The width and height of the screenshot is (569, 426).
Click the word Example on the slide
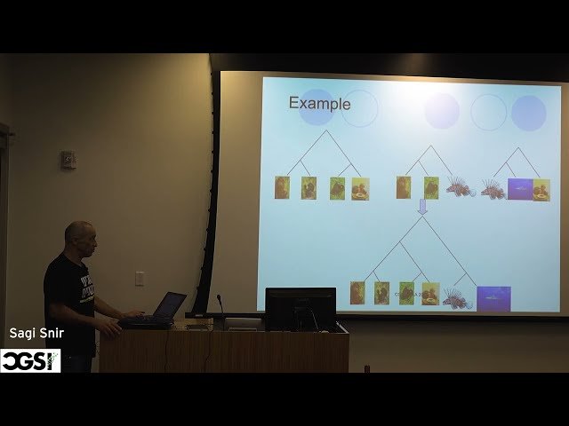[x=319, y=104]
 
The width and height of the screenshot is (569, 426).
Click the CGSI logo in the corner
[x=29, y=360]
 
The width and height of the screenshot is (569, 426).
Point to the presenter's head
[x=79, y=238]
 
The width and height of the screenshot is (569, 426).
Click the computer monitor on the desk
[x=301, y=308]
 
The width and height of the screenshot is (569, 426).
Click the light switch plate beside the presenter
[x=140, y=278]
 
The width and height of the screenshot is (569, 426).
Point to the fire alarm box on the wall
[x=68, y=160]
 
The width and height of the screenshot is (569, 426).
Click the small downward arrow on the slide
[x=422, y=206]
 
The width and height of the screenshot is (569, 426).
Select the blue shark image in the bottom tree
[x=493, y=297]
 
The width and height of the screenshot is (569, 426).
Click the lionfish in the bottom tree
[x=457, y=297]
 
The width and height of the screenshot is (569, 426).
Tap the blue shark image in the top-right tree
[x=519, y=189]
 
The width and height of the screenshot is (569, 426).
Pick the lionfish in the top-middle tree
[x=460, y=187]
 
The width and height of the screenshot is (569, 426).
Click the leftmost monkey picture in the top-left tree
[x=282, y=187]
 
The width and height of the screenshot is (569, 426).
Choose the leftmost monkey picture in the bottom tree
[x=357, y=293]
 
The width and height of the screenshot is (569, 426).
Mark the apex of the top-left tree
[x=324, y=131]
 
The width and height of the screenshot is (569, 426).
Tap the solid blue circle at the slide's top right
[x=529, y=113]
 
